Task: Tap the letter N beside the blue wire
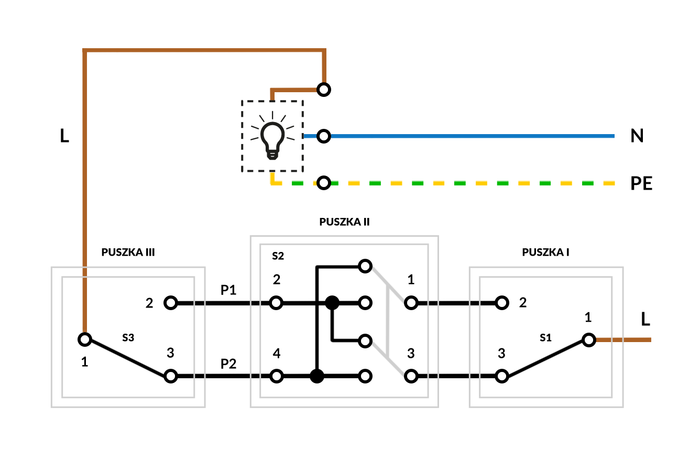pyautogui.click(x=637, y=136)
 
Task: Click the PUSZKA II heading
pyautogui.click(x=344, y=222)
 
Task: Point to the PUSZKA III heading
pyautogui.click(x=128, y=252)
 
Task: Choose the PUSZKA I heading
pyautogui.click(x=545, y=252)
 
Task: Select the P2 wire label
pyautogui.click(x=228, y=364)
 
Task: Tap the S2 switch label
pyautogui.click(x=278, y=256)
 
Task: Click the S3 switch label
pyautogui.click(x=128, y=338)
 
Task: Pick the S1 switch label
pyautogui.click(x=545, y=338)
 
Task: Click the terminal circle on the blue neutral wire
pyautogui.click(x=324, y=137)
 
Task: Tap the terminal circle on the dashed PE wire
pyautogui.click(x=324, y=183)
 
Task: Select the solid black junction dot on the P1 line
pyautogui.click(x=332, y=303)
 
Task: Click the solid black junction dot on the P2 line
pyautogui.click(x=316, y=376)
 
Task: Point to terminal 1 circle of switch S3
pyautogui.click(x=85, y=339)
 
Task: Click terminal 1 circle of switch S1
pyautogui.click(x=589, y=339)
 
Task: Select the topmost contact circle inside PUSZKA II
pyautogui.click(x=366, y=266)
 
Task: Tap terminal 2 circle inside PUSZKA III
pyautogui.click(x=170, y=303)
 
